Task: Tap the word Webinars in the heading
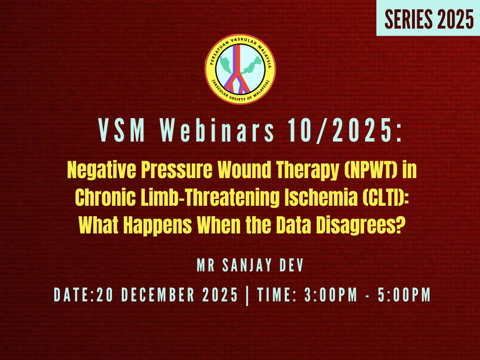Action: tap(218, 131)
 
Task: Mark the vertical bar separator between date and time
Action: tap(247, 296)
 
